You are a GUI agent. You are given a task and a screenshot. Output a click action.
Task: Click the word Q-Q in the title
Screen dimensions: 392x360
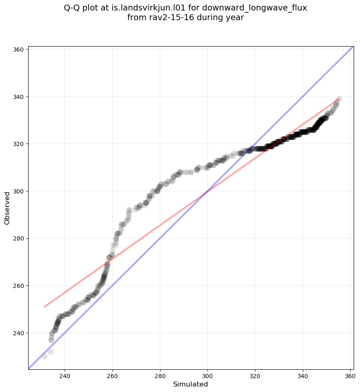73,8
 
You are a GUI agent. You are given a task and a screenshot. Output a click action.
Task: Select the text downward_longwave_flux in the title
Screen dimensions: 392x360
255,8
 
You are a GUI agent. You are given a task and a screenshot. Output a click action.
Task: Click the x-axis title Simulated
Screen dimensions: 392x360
191,384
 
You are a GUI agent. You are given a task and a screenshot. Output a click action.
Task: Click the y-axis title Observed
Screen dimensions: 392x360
7,208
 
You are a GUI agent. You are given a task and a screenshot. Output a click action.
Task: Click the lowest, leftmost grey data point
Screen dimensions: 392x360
45,356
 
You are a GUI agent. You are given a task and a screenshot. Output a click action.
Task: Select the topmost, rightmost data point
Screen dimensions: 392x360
339,99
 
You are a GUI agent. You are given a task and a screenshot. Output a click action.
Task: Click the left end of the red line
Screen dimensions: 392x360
44,307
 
